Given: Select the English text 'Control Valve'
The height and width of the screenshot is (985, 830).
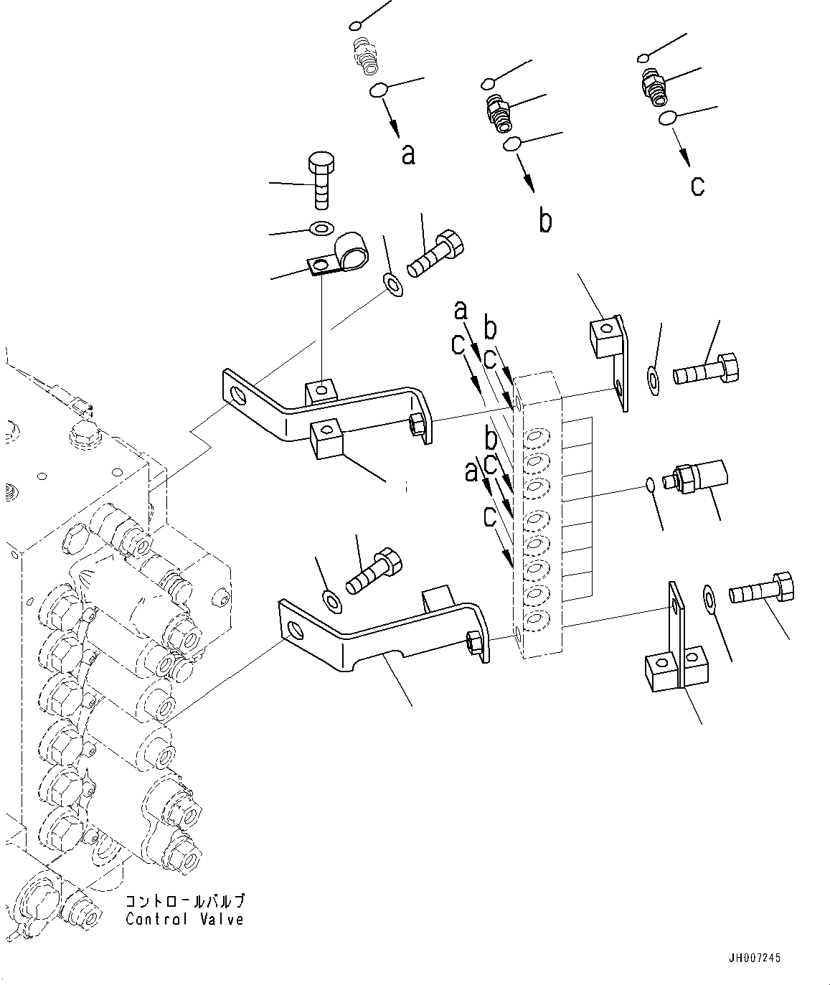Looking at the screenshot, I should pos(184,920).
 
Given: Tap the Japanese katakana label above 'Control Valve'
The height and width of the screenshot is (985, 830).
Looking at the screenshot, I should pos(184,902).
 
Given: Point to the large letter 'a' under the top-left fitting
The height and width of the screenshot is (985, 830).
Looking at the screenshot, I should pos(408,154).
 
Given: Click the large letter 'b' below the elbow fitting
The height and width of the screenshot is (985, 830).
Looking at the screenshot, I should pos(545,221).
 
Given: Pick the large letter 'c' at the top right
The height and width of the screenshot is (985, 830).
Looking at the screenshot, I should pos(697,186).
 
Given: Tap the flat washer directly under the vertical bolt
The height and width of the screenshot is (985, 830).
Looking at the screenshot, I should pos(320,229).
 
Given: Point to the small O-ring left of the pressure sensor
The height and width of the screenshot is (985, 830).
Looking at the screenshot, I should pos(649,485).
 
